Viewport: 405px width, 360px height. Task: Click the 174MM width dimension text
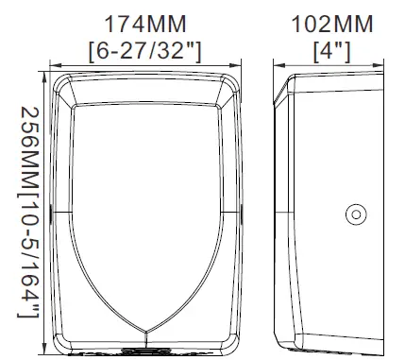pos(145,25)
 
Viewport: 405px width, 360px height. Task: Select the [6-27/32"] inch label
pos(144,51)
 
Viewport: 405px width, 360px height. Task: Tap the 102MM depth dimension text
pos(332,25)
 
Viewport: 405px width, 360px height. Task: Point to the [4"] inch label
pos(331,51)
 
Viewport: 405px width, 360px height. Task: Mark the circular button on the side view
pos(356,214)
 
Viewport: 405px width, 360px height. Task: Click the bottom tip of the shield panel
pos(145,332)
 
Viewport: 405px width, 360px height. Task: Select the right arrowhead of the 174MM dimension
pos(235,65)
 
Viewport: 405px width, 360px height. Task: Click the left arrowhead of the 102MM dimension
pos(279,65)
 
